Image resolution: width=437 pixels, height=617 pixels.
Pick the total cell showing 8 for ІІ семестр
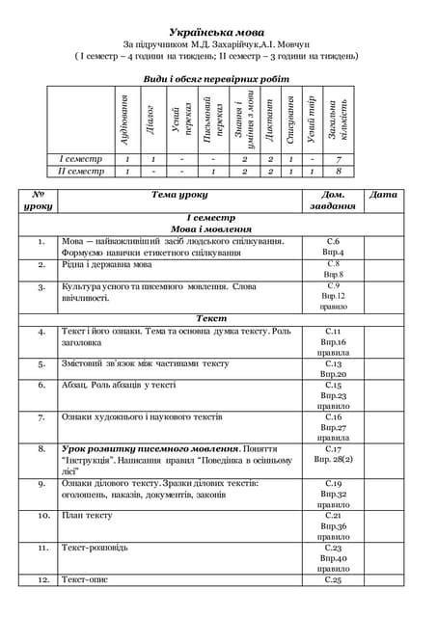tap(338, 172)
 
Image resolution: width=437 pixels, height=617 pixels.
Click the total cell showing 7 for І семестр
tap(338, 158)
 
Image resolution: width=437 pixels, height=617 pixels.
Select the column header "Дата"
tap(383, 195)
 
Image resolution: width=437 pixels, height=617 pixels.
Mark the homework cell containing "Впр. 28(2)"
tap(334, 461)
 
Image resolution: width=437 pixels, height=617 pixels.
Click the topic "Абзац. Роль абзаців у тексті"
tap(119, 385)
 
